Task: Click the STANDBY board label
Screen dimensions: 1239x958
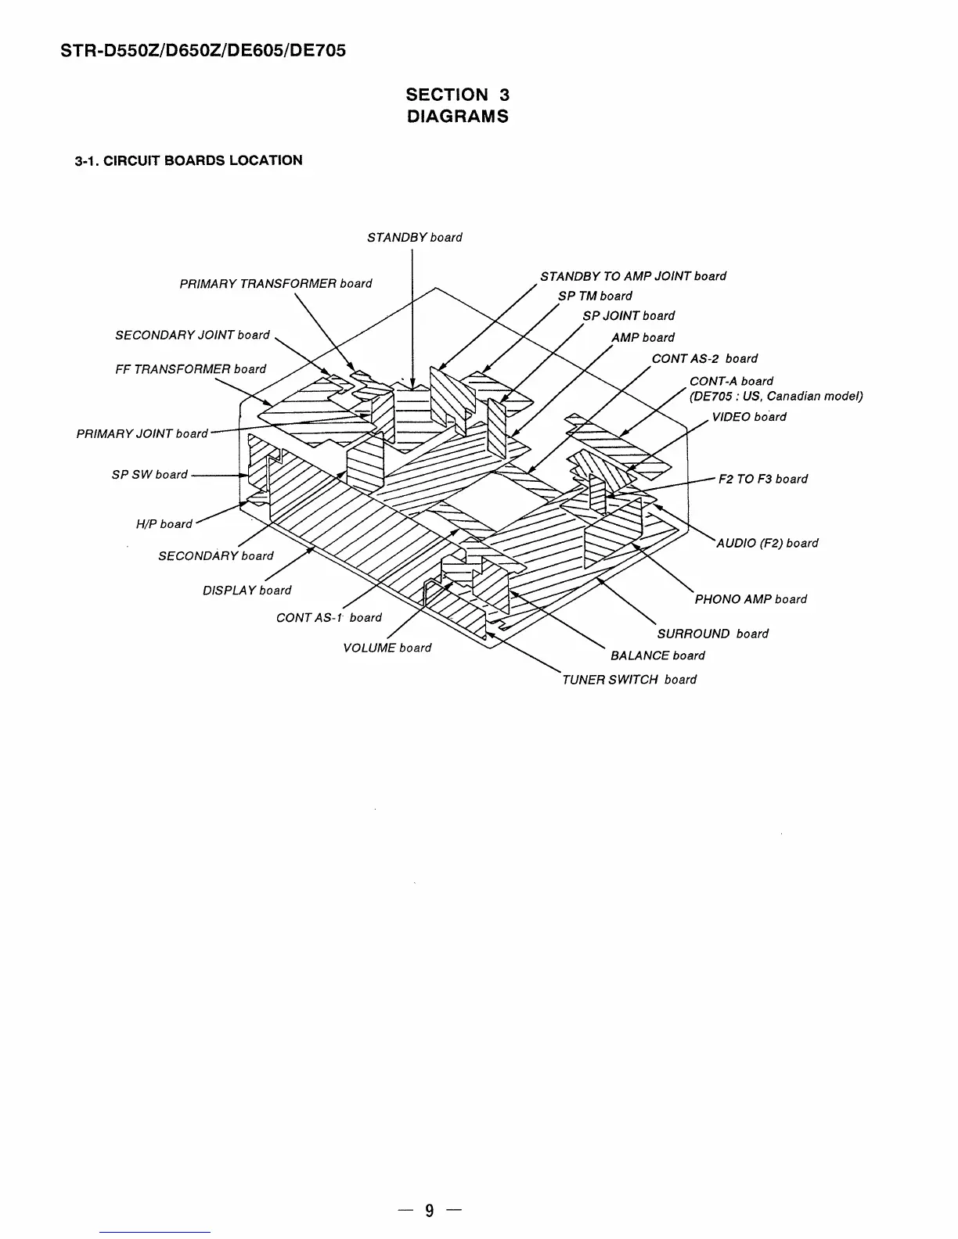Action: (414, 238)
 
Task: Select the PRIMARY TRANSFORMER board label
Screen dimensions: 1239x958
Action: (276, 284)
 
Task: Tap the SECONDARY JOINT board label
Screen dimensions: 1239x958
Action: (192, 336)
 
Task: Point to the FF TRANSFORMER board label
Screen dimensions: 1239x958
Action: (190, 369)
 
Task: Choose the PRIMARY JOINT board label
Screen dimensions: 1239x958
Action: (142, 434)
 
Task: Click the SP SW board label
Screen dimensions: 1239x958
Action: (149, 475)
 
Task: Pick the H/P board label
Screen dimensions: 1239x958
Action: (164, 524)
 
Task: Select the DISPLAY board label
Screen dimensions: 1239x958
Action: (247, 591)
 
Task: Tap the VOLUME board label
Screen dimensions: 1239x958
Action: (387, 648)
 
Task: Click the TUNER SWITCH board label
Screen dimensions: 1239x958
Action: (628, 680)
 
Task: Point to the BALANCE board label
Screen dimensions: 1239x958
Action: (657, 655)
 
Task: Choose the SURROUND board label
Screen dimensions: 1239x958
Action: (712, 634)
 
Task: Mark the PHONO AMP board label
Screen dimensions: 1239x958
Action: (751, 599)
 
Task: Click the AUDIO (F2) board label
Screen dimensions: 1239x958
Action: (767, 543)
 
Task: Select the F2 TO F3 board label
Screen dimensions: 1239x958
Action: (762, 479)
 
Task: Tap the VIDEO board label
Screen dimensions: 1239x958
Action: (748, 417)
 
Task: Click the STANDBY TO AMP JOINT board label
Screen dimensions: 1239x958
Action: (632, 276)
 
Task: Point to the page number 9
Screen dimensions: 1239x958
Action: (429, 1211)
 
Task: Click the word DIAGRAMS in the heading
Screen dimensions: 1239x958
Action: (457, 117)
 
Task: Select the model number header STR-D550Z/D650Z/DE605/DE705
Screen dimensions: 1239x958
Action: (203, 52)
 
